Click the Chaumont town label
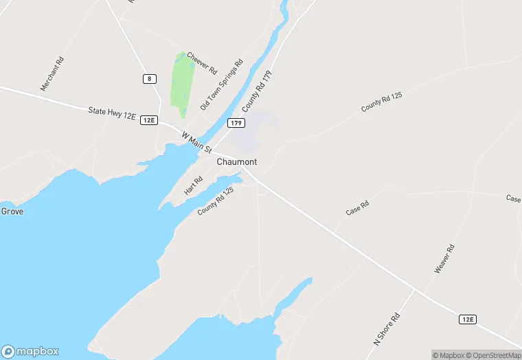coord(237,162)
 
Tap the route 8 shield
coord(149,79)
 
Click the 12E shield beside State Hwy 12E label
coord(148,120)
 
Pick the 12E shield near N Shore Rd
coord(468,319)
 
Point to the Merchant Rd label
coord(52,74)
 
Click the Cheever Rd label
coord(202,63)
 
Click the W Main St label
coord(196,142)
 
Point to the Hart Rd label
coord(193,185)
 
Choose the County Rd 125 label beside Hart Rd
coord(216,201)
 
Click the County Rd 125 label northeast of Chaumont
coord(381,102)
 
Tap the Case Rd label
coord(357,208)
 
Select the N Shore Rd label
coord(387,328)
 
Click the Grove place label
coord(12,212)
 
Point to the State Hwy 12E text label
coord(112,113)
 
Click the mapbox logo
coord(30,350)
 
